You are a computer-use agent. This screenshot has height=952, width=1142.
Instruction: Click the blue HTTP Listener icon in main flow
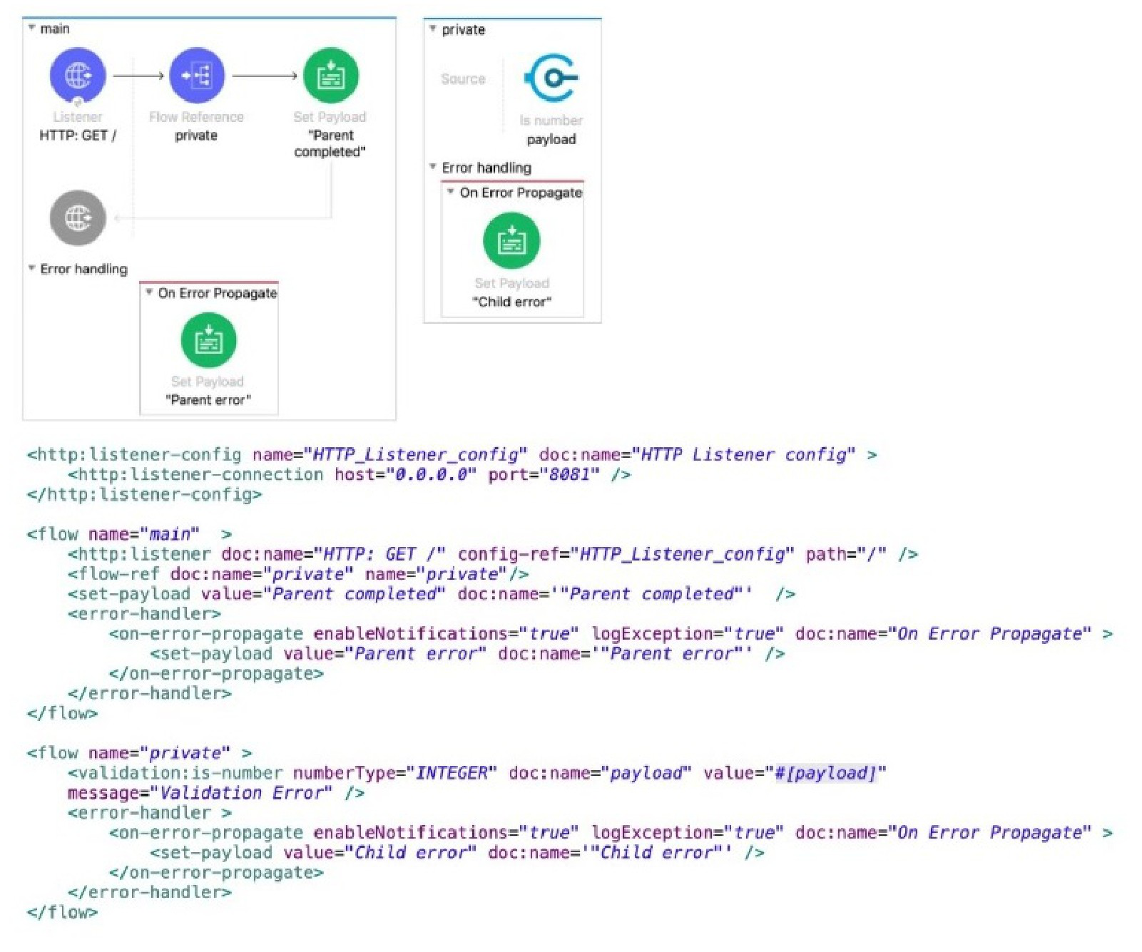78,76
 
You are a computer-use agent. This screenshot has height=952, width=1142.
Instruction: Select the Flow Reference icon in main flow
196,76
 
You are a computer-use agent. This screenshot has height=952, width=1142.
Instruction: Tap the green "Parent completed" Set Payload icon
330,76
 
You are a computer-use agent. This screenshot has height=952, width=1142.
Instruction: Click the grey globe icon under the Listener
78,217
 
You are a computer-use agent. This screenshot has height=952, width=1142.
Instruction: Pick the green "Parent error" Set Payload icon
208,341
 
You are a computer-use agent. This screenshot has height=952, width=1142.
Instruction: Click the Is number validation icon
551,78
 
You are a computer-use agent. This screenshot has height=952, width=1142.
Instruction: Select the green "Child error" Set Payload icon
511,241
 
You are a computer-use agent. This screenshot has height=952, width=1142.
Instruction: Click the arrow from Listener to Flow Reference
138,76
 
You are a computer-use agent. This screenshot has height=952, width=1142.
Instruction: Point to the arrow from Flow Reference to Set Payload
265,76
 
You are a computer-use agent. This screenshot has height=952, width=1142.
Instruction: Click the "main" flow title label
55,29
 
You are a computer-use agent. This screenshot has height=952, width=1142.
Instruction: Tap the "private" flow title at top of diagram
463,29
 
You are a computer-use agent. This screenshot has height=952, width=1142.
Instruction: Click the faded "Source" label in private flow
463,78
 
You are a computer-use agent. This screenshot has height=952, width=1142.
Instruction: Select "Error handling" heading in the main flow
83,269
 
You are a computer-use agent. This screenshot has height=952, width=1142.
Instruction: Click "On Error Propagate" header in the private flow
521,193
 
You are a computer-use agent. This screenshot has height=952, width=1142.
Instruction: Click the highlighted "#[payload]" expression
825,773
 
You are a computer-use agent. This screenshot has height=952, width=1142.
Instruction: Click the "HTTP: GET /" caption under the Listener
78,135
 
